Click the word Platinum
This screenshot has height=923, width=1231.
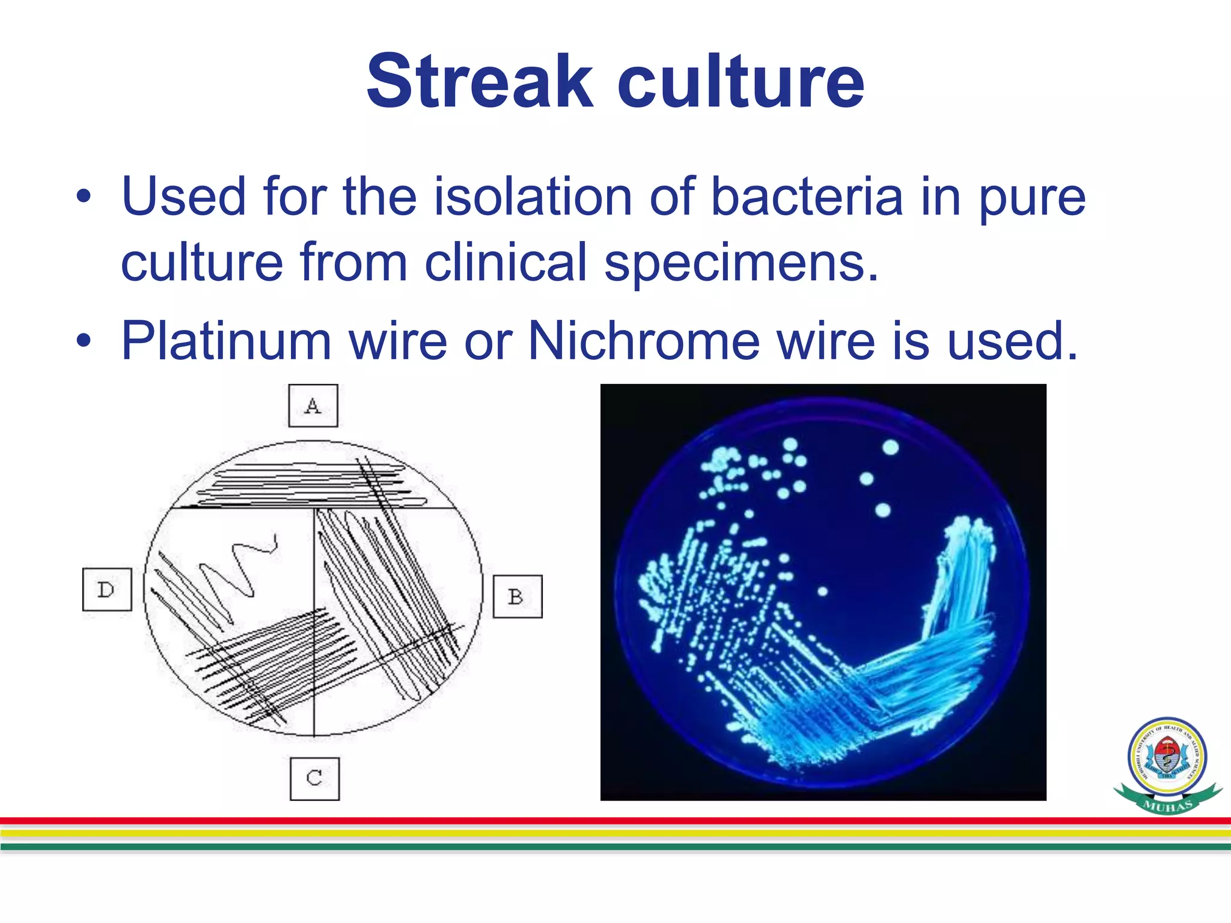226,341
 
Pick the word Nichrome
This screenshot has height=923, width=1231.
644,341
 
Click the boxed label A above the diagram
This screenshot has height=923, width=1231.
313,406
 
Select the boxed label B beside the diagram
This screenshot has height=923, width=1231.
517,597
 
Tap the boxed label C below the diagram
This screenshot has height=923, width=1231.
314,778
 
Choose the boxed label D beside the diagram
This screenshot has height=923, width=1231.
106,589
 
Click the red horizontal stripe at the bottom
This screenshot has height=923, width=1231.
615,821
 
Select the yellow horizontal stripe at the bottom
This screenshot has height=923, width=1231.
615,833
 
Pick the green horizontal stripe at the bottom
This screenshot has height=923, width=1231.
615,847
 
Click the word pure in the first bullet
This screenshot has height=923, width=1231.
1031,198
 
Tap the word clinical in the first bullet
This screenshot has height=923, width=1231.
506,262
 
